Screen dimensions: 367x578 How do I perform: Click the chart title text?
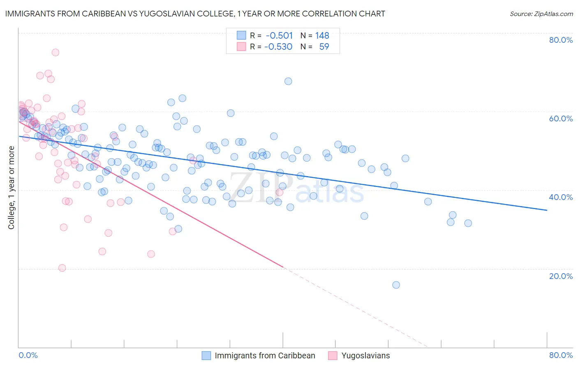click(x=195, y=14)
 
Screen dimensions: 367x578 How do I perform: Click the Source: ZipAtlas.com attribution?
click(x=541, y=14)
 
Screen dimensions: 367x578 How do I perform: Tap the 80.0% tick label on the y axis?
click(x=561, y=40)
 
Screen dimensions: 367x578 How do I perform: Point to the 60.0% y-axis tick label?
click(x=561, y=119)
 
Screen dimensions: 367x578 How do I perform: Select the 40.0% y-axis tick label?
click(x=561, y=197)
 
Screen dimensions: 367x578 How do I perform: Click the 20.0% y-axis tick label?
click(x=561, y=276)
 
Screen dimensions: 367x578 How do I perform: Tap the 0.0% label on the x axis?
click(x=28, y=355)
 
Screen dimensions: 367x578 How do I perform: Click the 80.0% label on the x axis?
click(x=561, y=355)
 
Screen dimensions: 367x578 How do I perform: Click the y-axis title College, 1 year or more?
click(x=12, y=188)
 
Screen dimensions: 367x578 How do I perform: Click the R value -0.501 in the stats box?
click(x=279, y=36)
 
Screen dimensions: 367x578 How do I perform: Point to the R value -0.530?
click(x=278, y=47)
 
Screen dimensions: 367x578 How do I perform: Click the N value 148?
click(x=322, y=36)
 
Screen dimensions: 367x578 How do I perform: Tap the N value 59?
click(x=324, y=47)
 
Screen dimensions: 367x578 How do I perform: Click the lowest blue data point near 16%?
click(x=396, y=285)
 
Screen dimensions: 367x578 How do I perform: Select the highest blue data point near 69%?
click(x=288, y=81)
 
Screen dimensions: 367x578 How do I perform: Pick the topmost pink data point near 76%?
click(x=55, y=53)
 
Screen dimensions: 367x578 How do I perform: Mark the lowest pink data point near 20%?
click(x=62, y=268)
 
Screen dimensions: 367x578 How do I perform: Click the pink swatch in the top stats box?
click(x=241, y=47)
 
